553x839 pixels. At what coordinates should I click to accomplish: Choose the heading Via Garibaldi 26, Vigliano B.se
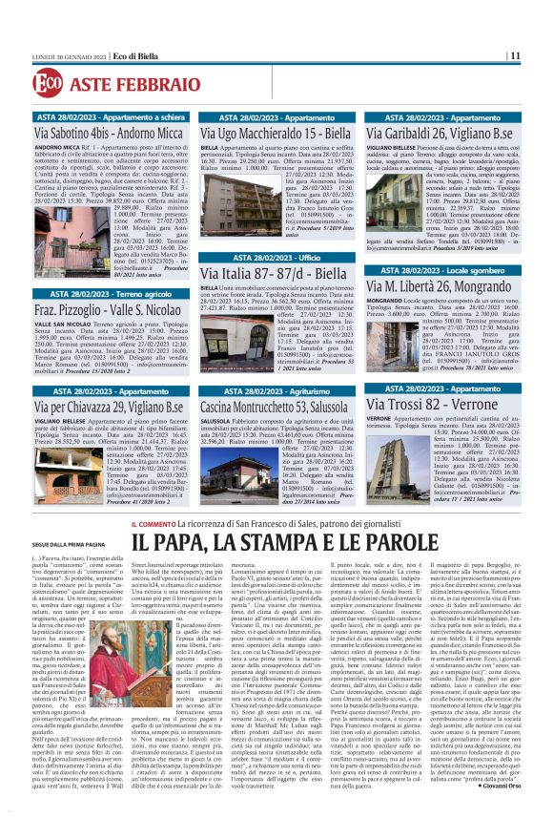coord(431,134)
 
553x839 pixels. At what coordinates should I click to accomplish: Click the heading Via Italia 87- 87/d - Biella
coord(248,274)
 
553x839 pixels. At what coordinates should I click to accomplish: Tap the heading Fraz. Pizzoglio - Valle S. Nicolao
coord(106,311)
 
